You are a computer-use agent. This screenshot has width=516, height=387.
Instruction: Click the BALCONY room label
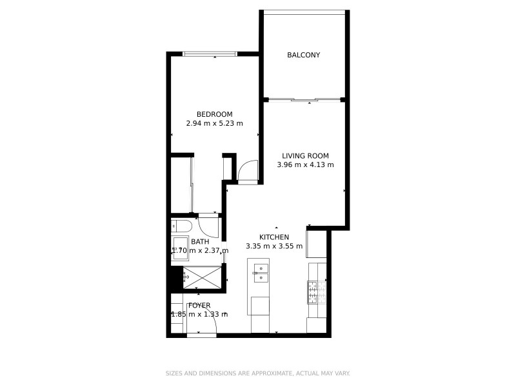tap(303, 55)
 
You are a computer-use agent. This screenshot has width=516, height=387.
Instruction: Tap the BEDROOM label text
tap(214, 114)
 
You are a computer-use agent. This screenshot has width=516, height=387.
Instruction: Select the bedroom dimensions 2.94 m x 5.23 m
tap(214, 123)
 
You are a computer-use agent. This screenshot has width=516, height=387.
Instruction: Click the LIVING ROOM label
tap(306, 155)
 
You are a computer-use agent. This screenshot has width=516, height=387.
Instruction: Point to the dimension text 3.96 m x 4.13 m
tap(306, 164)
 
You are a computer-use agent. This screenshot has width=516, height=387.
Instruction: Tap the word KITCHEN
tap(274, 237)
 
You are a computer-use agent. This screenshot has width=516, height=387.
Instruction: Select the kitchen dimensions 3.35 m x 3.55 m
tap(274, 246)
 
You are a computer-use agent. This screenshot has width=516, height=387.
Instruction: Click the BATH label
tap(200, 242)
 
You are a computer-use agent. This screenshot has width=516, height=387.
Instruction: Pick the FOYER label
tap(199, 305)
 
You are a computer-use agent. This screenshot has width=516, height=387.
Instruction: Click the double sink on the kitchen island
tap(262, 273)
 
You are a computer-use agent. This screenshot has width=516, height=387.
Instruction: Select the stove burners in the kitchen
tap(315, 292)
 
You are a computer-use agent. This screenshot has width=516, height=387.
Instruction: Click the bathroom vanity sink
tap(180, 250)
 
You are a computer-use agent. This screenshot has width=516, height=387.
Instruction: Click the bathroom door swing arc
tap(208, 225)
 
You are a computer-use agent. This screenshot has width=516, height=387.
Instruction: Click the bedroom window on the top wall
tap(210, 54)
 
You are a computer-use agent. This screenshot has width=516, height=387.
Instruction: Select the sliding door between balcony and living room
tap(304, 99)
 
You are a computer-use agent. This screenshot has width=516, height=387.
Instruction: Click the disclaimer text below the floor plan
tap(258, 373)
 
